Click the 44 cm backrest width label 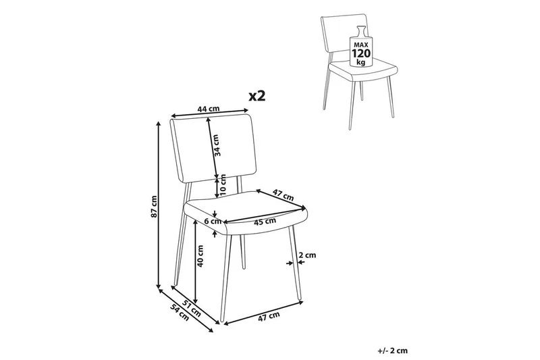click(x=208, y=109)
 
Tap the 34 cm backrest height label click(x=216, y=145)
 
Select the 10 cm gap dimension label click(x=223, y=185)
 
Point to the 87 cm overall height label click(x=154, y=207)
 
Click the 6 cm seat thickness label click(x=213, y=221)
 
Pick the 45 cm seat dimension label click(x=265, y=222)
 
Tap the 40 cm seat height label click(x=200, y=255)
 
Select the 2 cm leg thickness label click(x=307, y=255)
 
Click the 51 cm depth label click(x=192, y=308)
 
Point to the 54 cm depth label click(x=180, y=313)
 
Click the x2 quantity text click(x=257, y=96)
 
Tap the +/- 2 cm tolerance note click(x=393, y=351)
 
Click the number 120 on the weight click(x=360, y=53)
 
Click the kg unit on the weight click(x=361, y=62)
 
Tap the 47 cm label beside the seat click(x=283, y=195)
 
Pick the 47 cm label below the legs click(x=269, y=316)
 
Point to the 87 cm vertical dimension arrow click(x=159, y=205)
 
